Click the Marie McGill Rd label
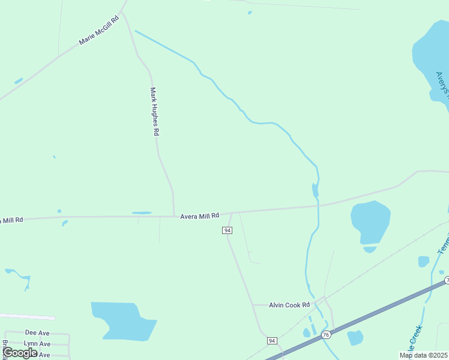(x=99, y=30)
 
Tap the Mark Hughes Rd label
(x=154, y=112)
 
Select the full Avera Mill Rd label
(x=200, y=215)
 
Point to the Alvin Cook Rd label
(x=289, y=305)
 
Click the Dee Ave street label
(x=37, y=332)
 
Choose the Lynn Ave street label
(x=37, y=344)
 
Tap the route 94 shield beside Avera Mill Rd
(x=227, y=230)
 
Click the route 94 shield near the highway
(x=272, y=341)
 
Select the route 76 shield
(x=326, y=334)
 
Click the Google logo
(x=20, y=353)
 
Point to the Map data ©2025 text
(x=423, y=355)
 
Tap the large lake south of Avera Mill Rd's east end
(x=370, y=221)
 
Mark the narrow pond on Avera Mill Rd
(x=142, y=212)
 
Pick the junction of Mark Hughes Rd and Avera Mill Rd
(x=174, y=216)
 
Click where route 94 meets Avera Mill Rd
(x=232, y=213)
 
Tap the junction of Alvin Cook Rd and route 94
(x=253, y=305)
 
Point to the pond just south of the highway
(x=355, y=338)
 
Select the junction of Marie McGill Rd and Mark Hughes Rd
(x=122, y=12)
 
